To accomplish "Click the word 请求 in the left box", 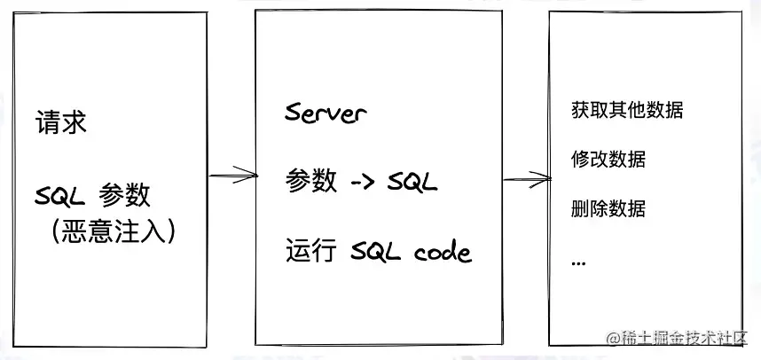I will (x=61, y=121).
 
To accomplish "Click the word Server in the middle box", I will (x=326, y=113).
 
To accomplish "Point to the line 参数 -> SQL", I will (x=361, y=182).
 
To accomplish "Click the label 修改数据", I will (x=608, y=160).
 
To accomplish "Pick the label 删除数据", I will (x=608, y=209).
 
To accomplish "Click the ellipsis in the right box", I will (x=579, y=262).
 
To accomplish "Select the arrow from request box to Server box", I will (x=232, y=177).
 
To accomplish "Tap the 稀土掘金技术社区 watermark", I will (x=677, y=339).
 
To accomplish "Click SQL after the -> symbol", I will (x=412, y=182).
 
